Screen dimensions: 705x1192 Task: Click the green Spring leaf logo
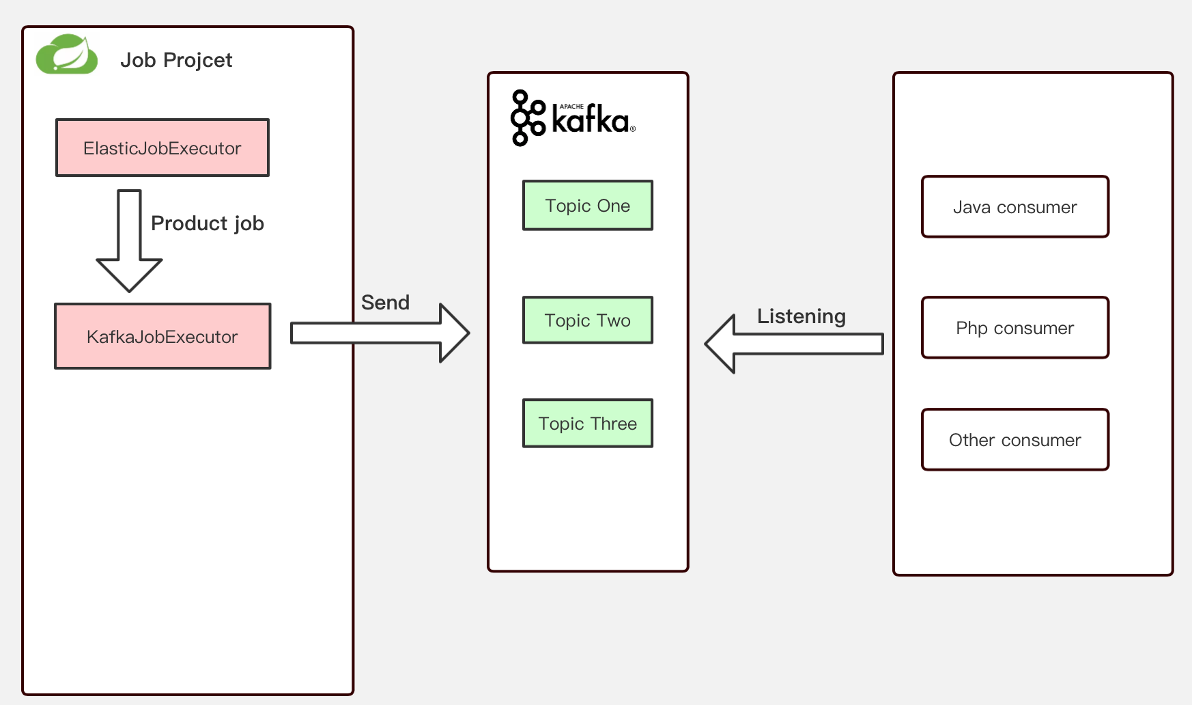(67, 55)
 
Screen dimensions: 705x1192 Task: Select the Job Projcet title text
(176, 60)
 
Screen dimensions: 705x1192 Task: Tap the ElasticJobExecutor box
(162, 148)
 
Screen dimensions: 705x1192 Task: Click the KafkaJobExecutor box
(162, 337)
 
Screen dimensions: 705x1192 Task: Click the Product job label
(207, 223)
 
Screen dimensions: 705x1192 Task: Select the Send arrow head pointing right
(453, 333)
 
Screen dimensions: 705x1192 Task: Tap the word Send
(385, 303)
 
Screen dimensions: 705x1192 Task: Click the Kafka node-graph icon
(527, 118)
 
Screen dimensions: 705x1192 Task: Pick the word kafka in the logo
(590, 121)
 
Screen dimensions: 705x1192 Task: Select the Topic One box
(588, 206)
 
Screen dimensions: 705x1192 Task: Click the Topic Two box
(588, 320)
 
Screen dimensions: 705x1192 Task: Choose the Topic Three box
(588, 424)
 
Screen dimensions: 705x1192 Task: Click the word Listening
(801, 316)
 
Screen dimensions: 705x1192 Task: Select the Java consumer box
(1014, 207)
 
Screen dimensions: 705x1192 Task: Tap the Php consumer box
(1014, 328)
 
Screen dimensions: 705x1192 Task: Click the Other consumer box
(1014, 440)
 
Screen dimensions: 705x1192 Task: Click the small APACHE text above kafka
(571, 107)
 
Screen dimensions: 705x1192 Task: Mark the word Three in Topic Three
(614, 424)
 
